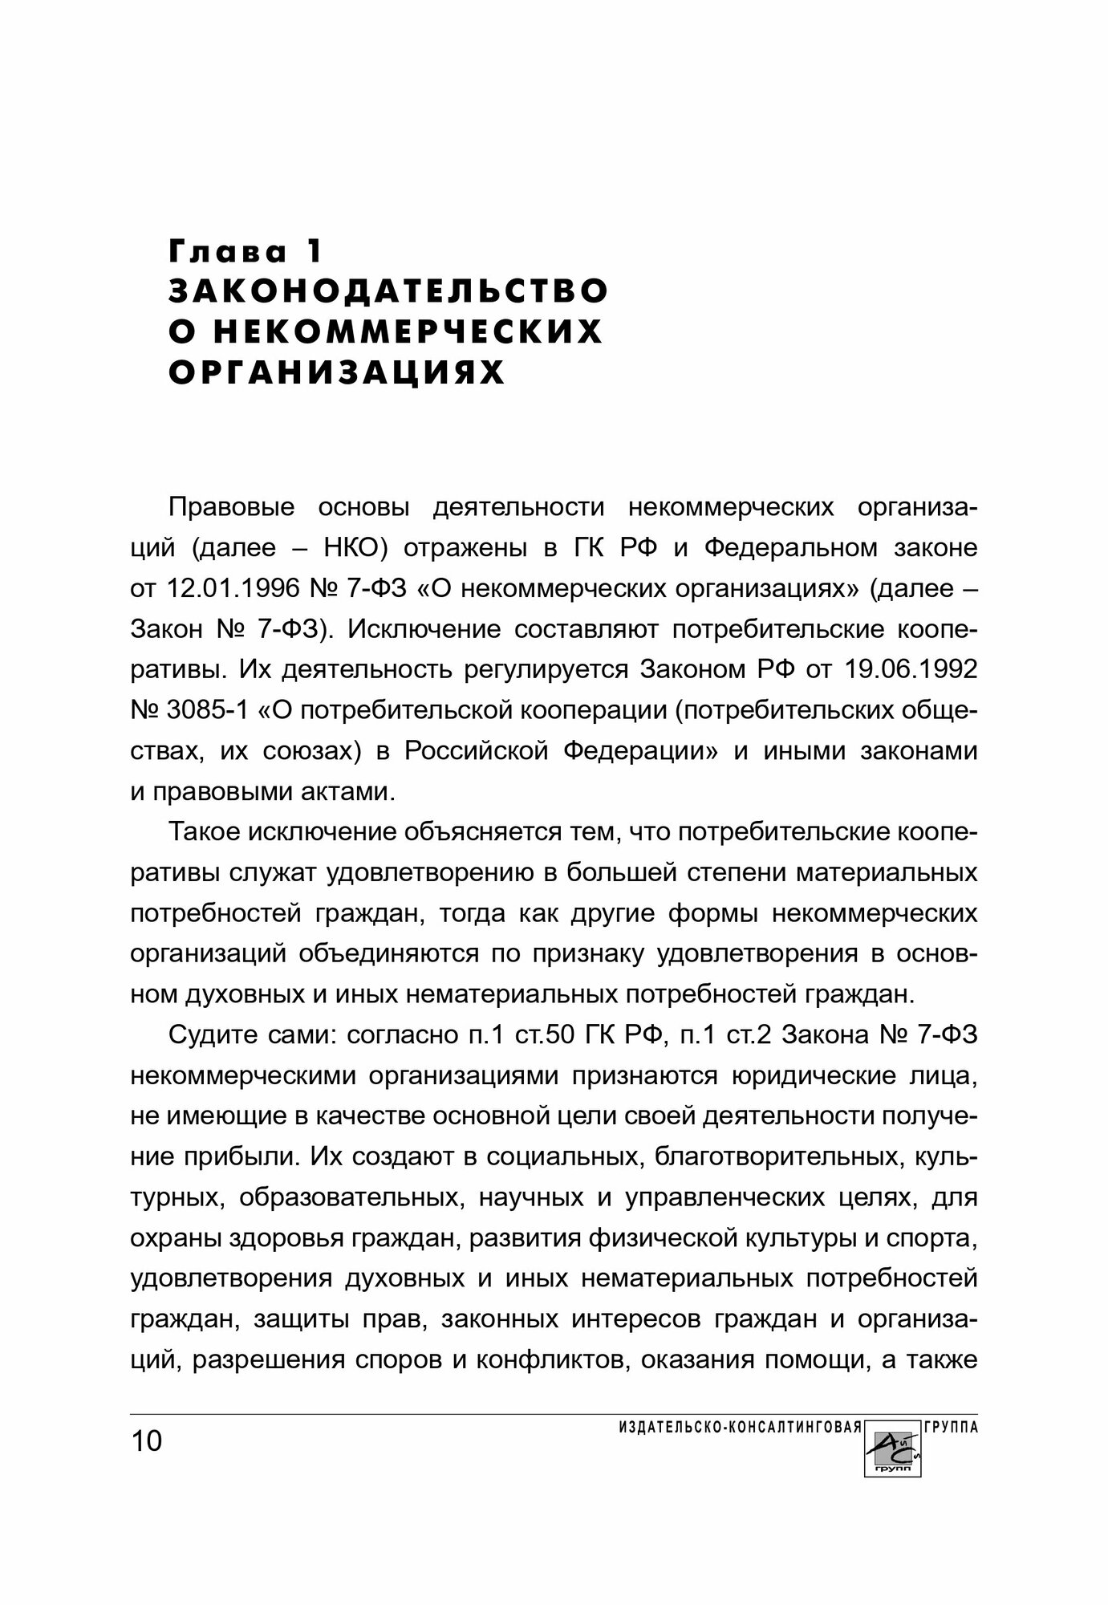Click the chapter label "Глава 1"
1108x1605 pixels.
click(246, 251)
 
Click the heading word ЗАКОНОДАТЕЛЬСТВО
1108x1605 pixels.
click(388, 291)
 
